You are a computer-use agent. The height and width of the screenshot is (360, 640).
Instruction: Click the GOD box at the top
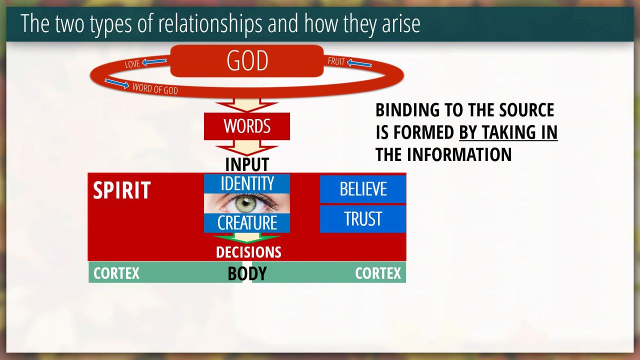(x=247, y=60)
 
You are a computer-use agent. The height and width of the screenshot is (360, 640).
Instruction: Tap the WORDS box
(x=247, y=126)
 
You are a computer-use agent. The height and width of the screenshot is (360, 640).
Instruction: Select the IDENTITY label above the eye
(x=247, y=183)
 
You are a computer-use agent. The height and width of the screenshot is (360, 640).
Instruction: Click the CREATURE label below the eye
(x=247, y=223)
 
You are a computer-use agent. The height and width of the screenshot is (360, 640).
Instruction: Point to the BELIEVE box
(x=363, y=189)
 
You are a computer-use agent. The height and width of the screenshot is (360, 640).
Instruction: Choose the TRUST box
(x=363, y=219)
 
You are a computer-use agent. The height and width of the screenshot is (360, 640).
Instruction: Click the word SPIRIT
(x=122, y=190)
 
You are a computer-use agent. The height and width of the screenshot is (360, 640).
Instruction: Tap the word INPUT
(x=247, y=164)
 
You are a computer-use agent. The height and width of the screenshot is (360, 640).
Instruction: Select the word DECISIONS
(x=248, y=252)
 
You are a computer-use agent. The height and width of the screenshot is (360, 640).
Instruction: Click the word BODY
(x=247, y=273)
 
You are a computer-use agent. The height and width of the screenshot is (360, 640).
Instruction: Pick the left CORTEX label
(x=116, y=273)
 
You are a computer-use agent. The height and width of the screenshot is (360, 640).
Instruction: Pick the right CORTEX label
(x=378, y=273)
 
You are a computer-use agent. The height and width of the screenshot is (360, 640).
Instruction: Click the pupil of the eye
(x=245, y=203)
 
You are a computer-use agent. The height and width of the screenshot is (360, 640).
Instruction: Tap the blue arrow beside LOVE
(x=154, y=61)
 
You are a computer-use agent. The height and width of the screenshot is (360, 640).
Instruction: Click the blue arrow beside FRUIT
(x=359, y=63)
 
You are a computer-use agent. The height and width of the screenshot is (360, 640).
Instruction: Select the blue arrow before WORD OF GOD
(x=117, y=83)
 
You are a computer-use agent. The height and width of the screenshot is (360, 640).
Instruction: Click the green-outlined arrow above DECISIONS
(x=247, y=237)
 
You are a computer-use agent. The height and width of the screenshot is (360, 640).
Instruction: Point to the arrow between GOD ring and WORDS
(x=247, y=105)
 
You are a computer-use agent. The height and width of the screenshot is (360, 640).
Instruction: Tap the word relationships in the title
(x=210, y=23)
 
